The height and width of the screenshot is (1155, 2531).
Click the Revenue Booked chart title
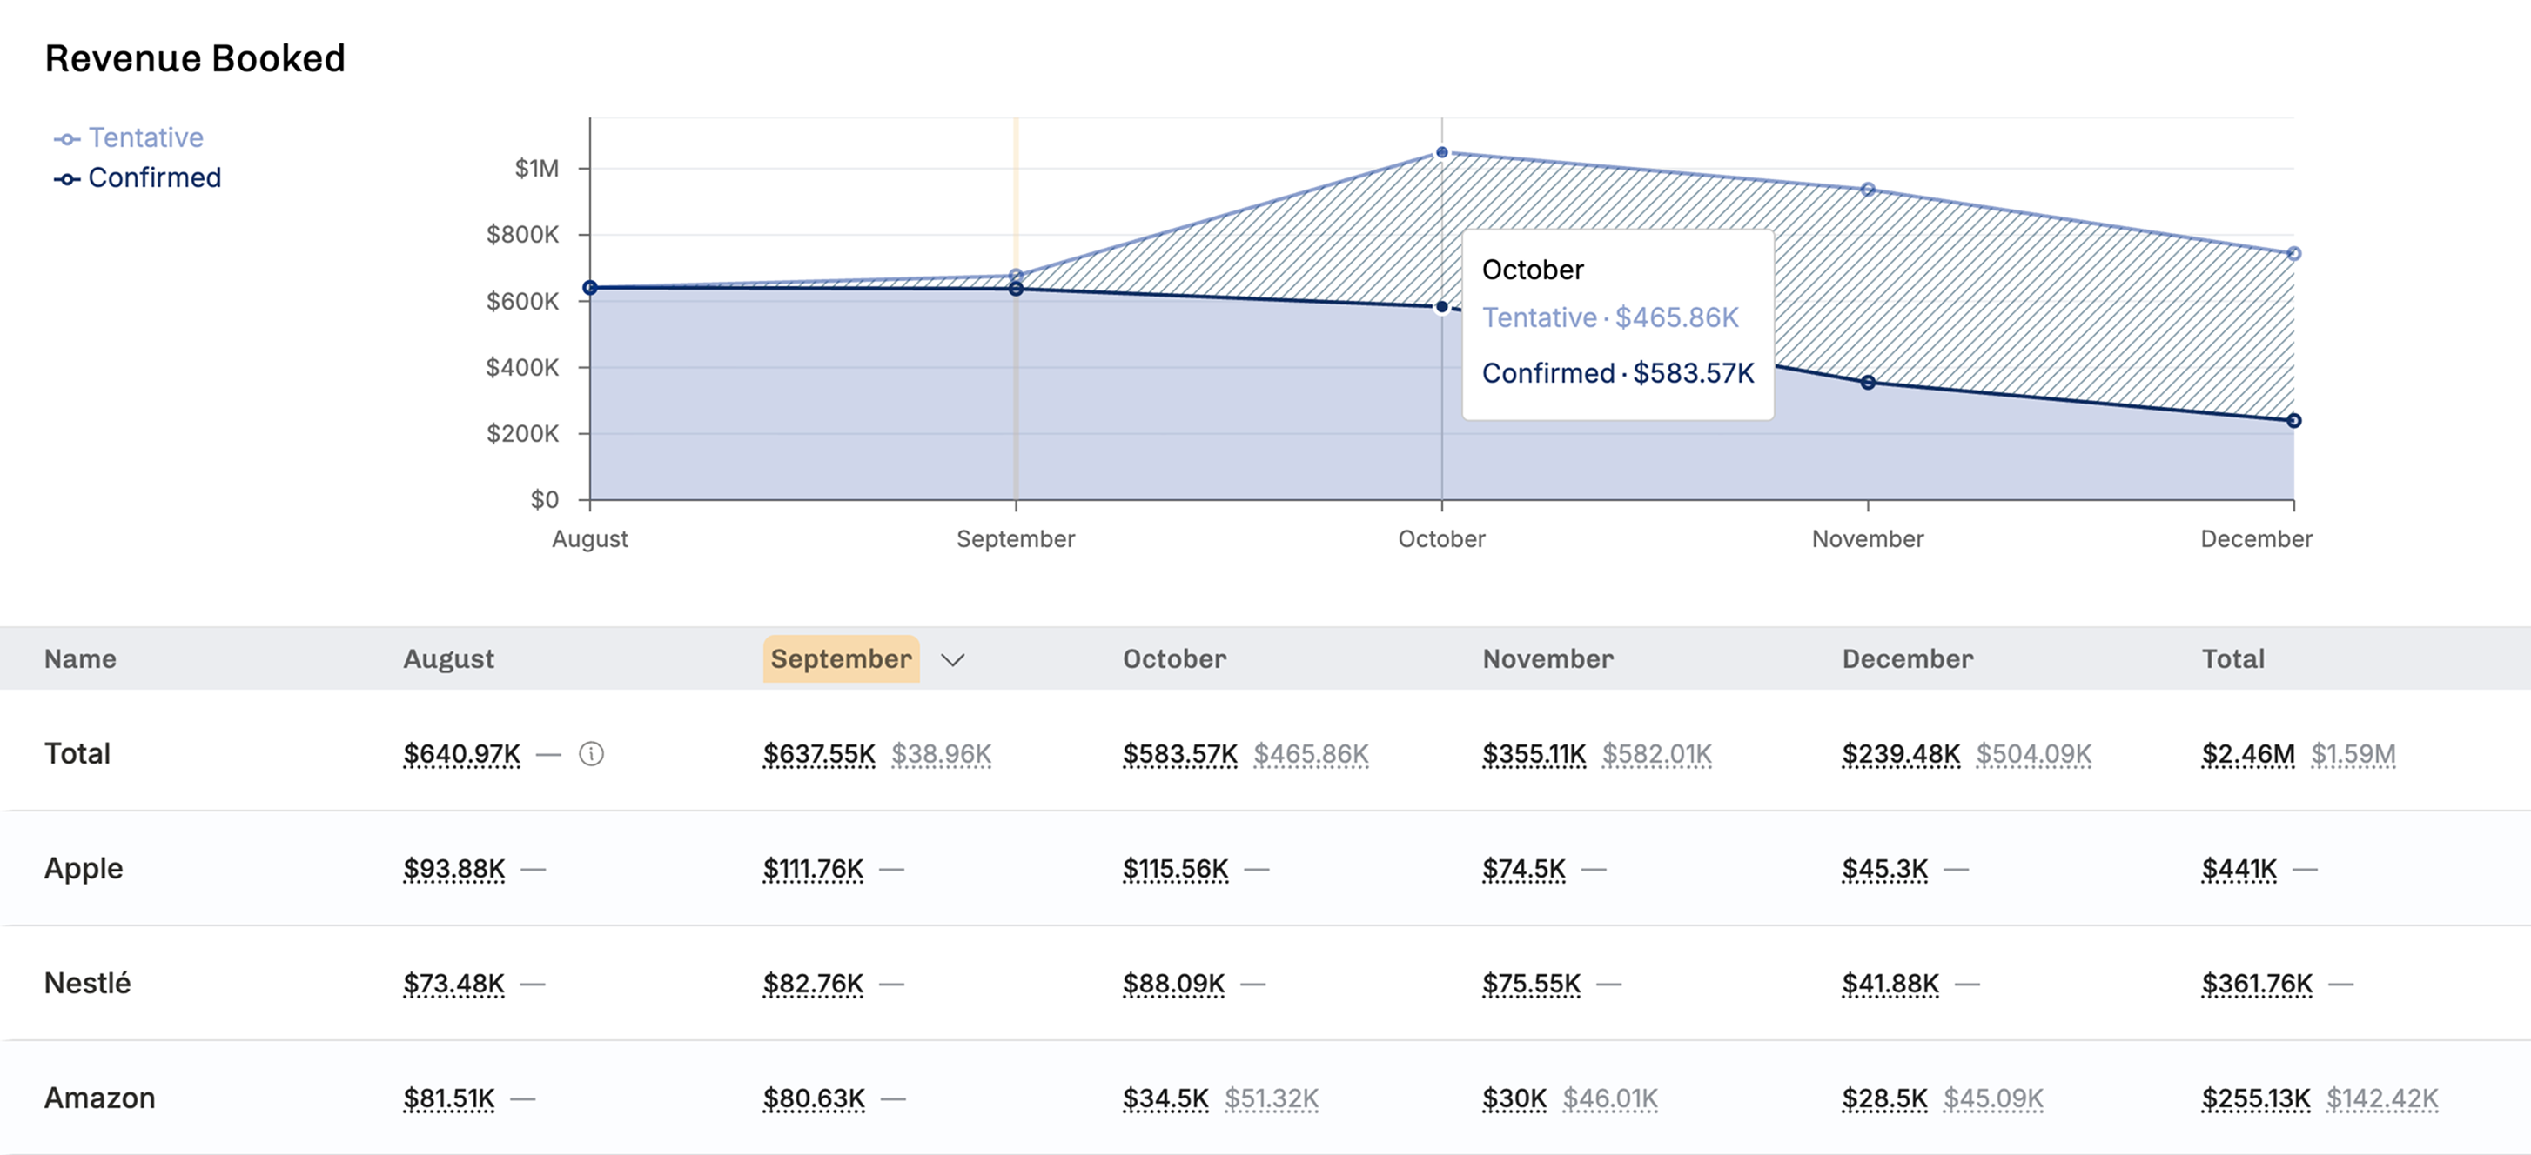coord(195,59)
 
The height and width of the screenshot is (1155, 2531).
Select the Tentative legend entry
coord(129,137)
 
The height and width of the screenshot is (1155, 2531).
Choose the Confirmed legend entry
coord(138,177)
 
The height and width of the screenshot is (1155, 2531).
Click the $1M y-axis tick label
coord(536,169)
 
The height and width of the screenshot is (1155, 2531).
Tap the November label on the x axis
coord(1867,538)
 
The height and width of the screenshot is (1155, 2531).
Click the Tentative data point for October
coord(1441,152)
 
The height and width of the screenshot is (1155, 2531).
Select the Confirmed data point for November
coord(1867,382)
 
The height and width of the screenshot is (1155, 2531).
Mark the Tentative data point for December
coord(2293,253)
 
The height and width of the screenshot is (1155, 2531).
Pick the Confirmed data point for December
coord(2293,420)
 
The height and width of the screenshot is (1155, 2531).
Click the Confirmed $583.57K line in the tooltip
coord(1617,373)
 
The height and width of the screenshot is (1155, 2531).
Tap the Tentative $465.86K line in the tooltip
coord(1610,317)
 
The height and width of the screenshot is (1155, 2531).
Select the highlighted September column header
coord(841,658)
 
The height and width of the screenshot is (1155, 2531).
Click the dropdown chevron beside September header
coord(952,659)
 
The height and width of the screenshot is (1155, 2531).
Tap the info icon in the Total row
coord(590,753)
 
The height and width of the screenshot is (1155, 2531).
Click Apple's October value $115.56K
coord(1175,868)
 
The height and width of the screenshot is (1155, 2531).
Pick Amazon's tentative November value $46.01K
coord(1609,1098)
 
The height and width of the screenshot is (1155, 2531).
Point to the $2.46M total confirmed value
coord(2248,753)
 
